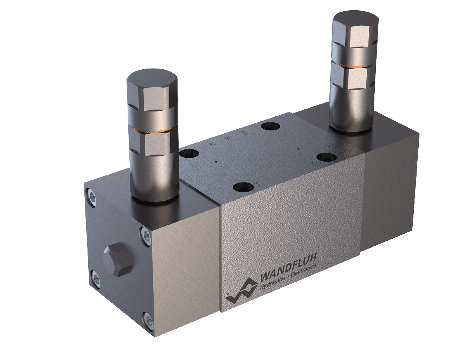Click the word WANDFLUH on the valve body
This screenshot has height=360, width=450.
pos(288,267)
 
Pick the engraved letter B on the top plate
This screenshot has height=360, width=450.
pos(245,133)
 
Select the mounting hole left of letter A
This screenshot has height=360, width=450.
pos(189,153)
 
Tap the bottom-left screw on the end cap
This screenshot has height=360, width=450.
pos(95,279)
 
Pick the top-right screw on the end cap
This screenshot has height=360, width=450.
pos(145,234)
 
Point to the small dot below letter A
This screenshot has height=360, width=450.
pos(216,162)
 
